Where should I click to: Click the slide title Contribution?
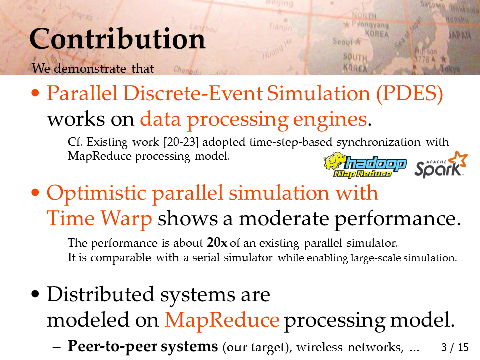[117, 39]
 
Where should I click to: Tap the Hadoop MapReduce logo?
[365, 165]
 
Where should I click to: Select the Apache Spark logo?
[441, 165]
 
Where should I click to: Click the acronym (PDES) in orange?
[410, 93]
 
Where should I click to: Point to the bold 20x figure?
[217, 243]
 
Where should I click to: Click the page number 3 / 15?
[455, 348]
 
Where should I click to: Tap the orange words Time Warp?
[99, 218]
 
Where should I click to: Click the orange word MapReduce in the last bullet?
[222, 320]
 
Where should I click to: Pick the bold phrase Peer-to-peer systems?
[143, 346]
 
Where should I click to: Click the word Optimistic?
[96, 193]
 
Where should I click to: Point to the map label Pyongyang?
[370, 24]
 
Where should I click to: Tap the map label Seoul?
[342, 41]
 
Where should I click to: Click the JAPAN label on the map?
[460, 35]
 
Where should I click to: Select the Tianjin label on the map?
[280, 27]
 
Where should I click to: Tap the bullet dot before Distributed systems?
[35, 294]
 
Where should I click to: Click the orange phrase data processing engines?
[253, 119]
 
